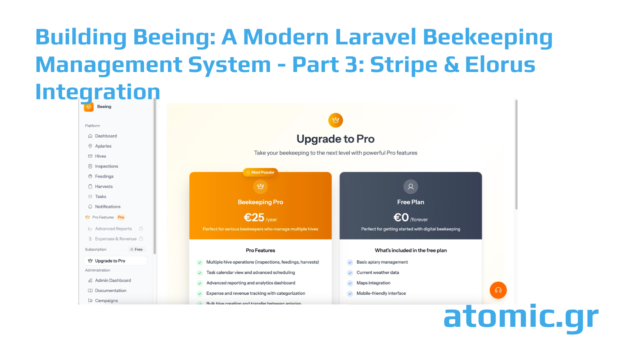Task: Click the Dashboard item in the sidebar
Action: [x=106, y=136]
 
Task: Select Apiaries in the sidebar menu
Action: [x=103, y=146]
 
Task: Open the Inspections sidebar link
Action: [x=106, y=166]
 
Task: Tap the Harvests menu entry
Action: [x=104, y=186]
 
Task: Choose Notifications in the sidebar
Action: [x=108, y=207]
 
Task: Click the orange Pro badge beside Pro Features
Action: [x=121, y=217]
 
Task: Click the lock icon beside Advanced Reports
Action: [x=141, y=229]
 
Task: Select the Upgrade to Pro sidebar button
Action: [x=115, y=261]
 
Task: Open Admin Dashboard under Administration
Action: [x=113, y=280]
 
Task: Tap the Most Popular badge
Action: [x=260, y=172]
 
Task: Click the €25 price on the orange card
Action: [x=254, y=218]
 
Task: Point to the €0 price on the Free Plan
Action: [x=401, y=218]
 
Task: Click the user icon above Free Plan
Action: [x=410, y=186]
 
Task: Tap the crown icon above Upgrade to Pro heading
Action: [x=336, y=120]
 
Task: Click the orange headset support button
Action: [x=498, y=290]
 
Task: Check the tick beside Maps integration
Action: [x=350, y=283]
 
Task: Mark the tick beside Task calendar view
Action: [x=200, y=273]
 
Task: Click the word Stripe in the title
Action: [x=404, y=65]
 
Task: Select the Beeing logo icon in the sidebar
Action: [x=89, y=107]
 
